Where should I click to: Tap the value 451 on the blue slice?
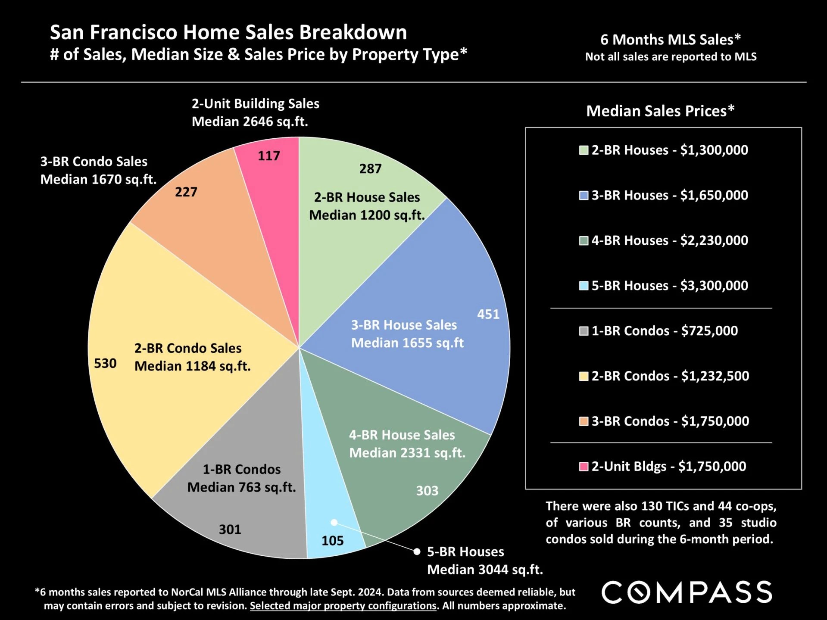click(x=488, y=314)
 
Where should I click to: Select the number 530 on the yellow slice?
click(x=105, y=364)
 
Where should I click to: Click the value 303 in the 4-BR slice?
click(x=427, y=491)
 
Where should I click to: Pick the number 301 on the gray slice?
click(x=230, y=530)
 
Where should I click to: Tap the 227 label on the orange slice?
click(x=186, y=192)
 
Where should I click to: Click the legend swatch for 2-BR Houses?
click(x=584, y=150)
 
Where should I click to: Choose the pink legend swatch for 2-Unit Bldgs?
click(x=584, y=467)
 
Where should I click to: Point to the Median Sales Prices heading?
click(x=660, y=111)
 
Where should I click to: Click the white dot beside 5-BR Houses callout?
click(x=417, y=552)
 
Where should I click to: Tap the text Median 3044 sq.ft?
click(x=485, y=570)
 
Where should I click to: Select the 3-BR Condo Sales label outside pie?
click(x=94, y=162)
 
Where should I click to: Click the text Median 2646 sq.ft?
click(x=250, y=122)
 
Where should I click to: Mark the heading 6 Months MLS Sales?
click(x=670, y=40)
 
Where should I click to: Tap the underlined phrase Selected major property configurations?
click(x=343, y=606)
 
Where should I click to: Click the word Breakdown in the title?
click(x=353, y=32)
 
